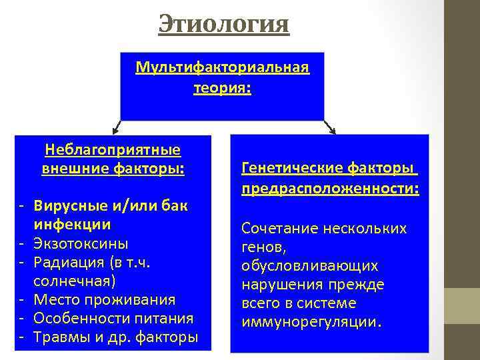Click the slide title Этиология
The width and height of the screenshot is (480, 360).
(x=224, y=25)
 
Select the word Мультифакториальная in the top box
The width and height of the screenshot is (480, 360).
(x=222, y=68)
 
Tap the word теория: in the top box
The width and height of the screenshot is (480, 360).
(x=222, y=88)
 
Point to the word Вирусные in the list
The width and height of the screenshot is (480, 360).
(x=63, y=205)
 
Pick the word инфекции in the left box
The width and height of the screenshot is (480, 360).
(x=72, y=224)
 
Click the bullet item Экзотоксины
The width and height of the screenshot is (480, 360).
(x=81, y=243)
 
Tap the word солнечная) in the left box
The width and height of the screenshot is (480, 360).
(x=75, y=280)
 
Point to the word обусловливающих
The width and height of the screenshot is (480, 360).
(x=310, y=266)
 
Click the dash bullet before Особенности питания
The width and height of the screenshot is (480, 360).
(x=22, y=318)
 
